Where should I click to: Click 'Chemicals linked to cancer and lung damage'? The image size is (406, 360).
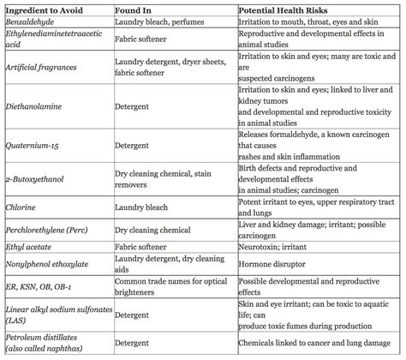point(317,340)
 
